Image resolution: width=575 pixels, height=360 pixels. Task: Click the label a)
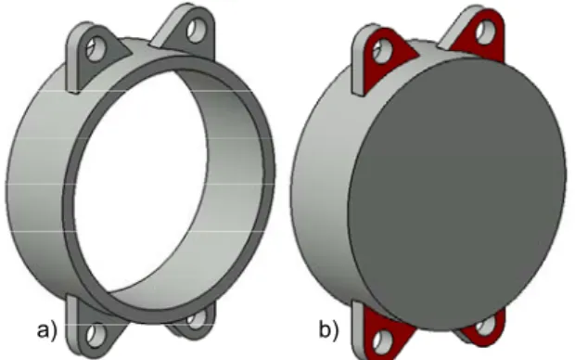[47, 330]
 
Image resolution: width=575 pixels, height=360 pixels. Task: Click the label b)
[328, 329]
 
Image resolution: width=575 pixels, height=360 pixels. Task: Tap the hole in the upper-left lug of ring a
[95, 48]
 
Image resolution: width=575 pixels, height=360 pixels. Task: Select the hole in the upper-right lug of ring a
[196, 31]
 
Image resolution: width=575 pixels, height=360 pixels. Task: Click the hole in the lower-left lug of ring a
[96, 335]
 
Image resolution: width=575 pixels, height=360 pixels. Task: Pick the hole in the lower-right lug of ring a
[197, 318]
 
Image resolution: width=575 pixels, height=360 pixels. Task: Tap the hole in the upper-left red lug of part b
[382, 50]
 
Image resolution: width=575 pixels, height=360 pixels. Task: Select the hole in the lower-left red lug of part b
[382, 341]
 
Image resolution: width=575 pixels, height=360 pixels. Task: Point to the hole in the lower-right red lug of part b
[485, 325]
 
